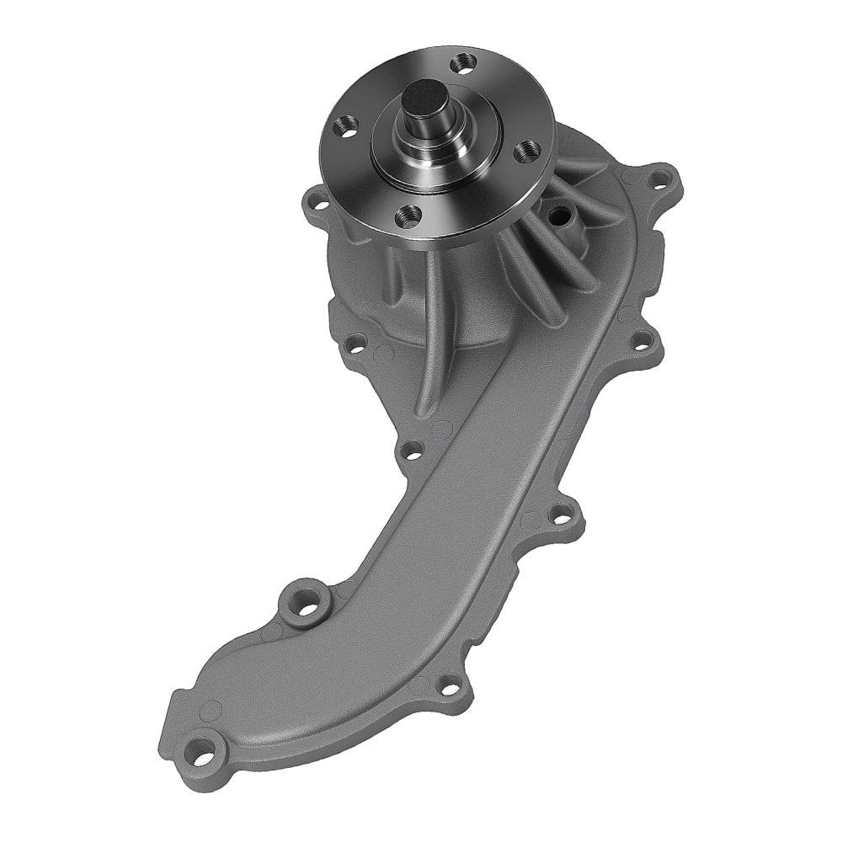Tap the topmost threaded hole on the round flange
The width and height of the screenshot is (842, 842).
click(461, 61)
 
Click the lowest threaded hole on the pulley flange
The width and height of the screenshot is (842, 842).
click(408, 216)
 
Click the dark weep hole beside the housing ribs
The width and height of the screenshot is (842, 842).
click(557, 215)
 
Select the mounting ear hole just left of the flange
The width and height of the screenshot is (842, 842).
click(317, 202)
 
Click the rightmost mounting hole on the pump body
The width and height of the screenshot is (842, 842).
click(642, 341)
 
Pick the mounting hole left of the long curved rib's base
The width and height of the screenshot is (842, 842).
click(357, 343)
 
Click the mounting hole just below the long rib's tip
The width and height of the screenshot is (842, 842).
click(413, 452)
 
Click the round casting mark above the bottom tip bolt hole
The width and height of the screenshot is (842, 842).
click(212, 709)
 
